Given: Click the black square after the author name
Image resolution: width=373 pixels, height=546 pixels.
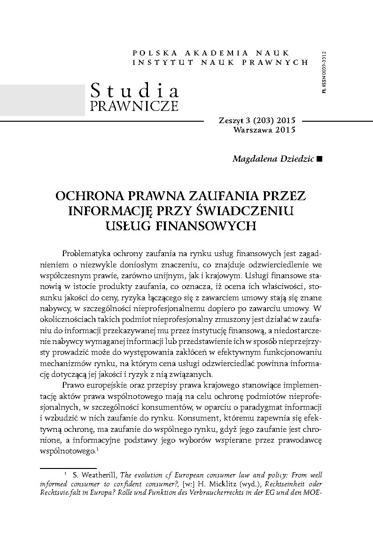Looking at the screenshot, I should pyautogui.click(x=320, y=159).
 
